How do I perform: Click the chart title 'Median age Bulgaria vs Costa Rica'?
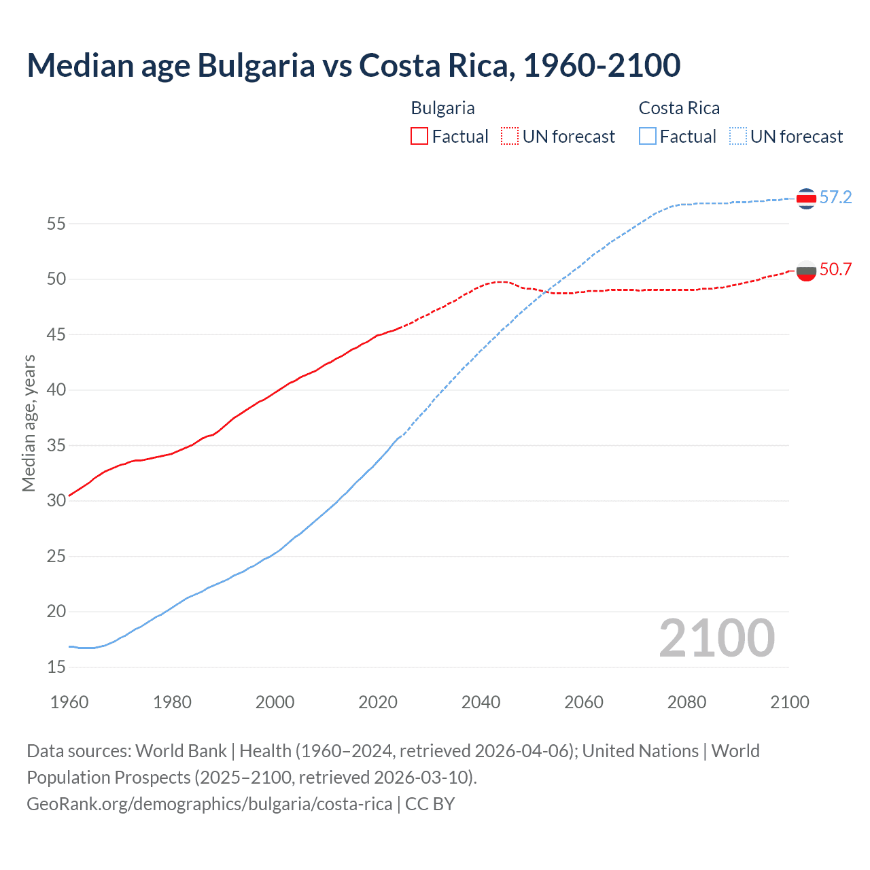point(353,65)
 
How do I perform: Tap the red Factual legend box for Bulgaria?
point(419,137)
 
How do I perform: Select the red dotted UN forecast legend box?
point(510,137)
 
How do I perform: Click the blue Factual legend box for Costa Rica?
point(647,137)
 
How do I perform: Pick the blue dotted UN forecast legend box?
point(737,137)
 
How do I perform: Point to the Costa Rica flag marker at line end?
point(806,198)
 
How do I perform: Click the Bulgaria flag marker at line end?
point(806,271)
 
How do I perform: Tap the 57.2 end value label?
point(835,198)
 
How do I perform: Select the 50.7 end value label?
point(835,270)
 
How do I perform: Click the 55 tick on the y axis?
point(56,224)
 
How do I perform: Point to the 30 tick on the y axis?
point(56,500)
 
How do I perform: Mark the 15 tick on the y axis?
point(56,667)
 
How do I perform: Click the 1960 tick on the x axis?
point(69,702)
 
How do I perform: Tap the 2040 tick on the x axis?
point(481,702)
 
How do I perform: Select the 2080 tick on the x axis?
point(686,702)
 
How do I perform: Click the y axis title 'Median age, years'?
point(29,423)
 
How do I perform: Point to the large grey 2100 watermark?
point(716,638)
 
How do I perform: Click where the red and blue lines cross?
point(546,292)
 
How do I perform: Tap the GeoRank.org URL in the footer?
point(209,804)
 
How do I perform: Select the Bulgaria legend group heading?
point(442,108)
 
